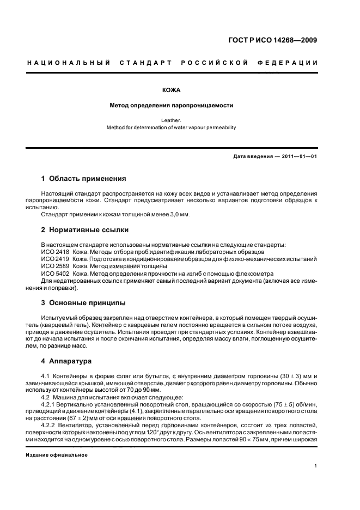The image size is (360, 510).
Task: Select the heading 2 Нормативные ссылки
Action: [x=85, y=230]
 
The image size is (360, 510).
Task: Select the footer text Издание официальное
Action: [x=57, y=455]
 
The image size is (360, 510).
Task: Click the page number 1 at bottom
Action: [x=316, y=466]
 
